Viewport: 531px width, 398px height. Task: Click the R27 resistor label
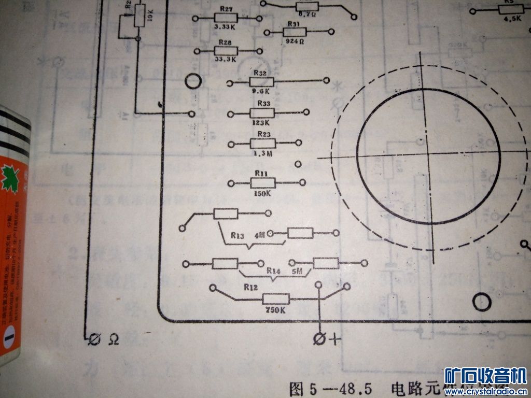point(226,9)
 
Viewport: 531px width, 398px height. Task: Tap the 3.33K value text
point(226,26)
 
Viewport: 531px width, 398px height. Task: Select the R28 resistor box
point(226,51)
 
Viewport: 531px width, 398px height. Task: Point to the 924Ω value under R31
point(294,41)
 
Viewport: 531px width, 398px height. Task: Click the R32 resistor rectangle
point(261,81)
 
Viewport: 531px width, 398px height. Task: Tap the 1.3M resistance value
point(261,153)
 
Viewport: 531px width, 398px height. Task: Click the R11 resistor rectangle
point(262,182)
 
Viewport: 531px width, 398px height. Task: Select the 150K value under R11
point(262,193)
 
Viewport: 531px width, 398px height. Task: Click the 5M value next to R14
point(297,271)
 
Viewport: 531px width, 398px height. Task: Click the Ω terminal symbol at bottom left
point(114,339)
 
